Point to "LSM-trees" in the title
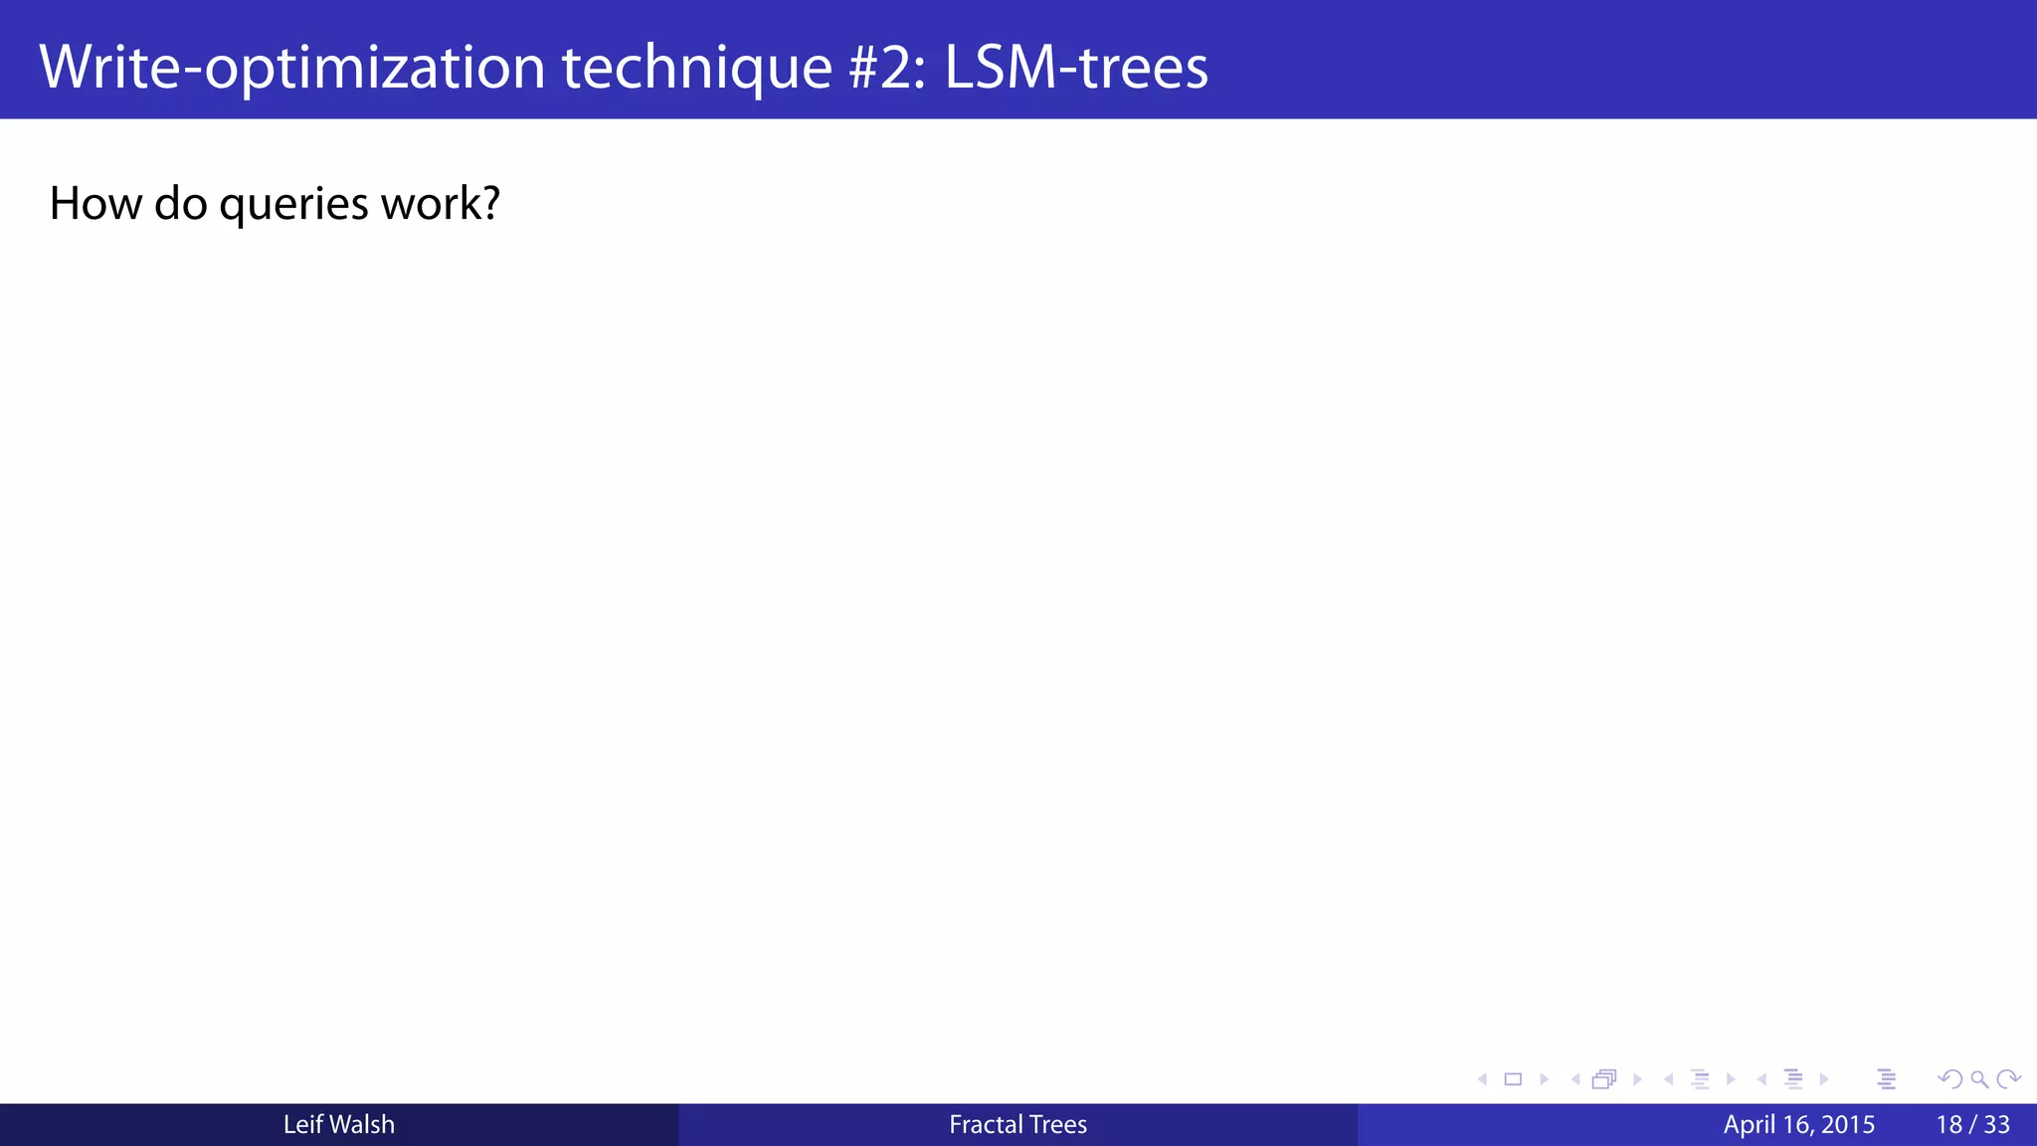(1075, 68)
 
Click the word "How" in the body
(94, 204)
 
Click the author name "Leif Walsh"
(338, 1124)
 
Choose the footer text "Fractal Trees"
(1018, 1124)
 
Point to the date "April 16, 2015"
(1798, 1124)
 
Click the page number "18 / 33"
(1972, 1124)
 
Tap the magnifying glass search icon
(1979, 1079)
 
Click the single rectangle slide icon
(1513, 1079)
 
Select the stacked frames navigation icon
(1604, 1079)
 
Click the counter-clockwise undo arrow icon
(1949, 1079)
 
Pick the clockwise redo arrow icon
(2009, 1079)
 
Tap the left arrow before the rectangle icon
(1482, 1079)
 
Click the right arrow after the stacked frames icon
(1637, 1079)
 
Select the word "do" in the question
(180, 204)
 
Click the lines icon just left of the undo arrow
(1887, 1079)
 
